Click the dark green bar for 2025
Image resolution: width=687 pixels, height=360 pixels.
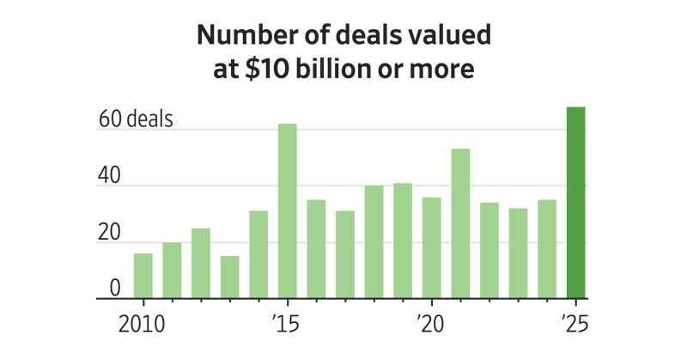click(575, 203)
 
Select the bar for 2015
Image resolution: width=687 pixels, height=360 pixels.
click(288, 211)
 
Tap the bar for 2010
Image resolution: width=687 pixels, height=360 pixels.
click(143, 276)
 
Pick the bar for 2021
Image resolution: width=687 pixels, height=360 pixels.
click(460, 223)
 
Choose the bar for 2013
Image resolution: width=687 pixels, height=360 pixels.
click(229, 277)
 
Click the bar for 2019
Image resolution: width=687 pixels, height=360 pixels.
click(403, 241)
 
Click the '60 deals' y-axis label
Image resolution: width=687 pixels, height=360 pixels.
click(136, 119)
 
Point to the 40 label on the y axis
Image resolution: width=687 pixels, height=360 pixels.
click(109, 175)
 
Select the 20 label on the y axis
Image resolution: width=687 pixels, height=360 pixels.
click(109, 232)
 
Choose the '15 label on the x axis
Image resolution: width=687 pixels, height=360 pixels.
click(287, 326)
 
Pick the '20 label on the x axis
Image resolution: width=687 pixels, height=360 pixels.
click(430, 326)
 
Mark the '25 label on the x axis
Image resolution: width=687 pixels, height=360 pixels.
click(575, 326)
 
